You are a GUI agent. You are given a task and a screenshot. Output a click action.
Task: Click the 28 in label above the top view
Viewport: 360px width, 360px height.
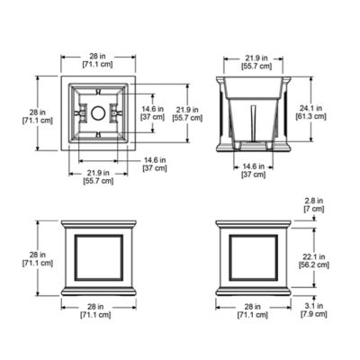(99, 55)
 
